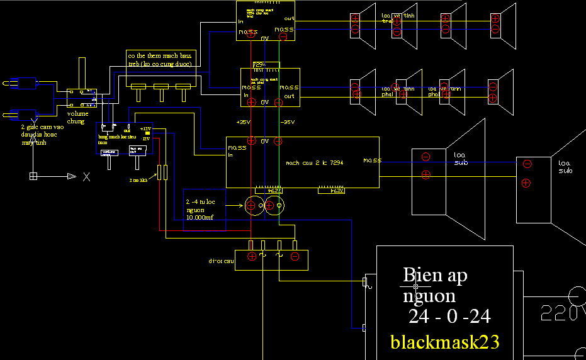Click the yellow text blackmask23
click(x=445, y=342)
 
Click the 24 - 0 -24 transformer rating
click(x=449, y=317)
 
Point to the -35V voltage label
click(x=287, y=122)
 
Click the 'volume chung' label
click(x=78, y=118)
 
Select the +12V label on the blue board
click(x=145, y=128)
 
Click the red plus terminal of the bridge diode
click(x=252, y=256)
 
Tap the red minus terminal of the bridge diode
click(x=294, y=256)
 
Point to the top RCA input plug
click(x=19, y=82)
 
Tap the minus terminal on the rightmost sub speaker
click(x=527, y=164)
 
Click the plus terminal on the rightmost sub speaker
click(x=526, y=183)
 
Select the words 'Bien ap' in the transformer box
click(x=435, y=275)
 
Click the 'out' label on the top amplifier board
click(x=289, y=19)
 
